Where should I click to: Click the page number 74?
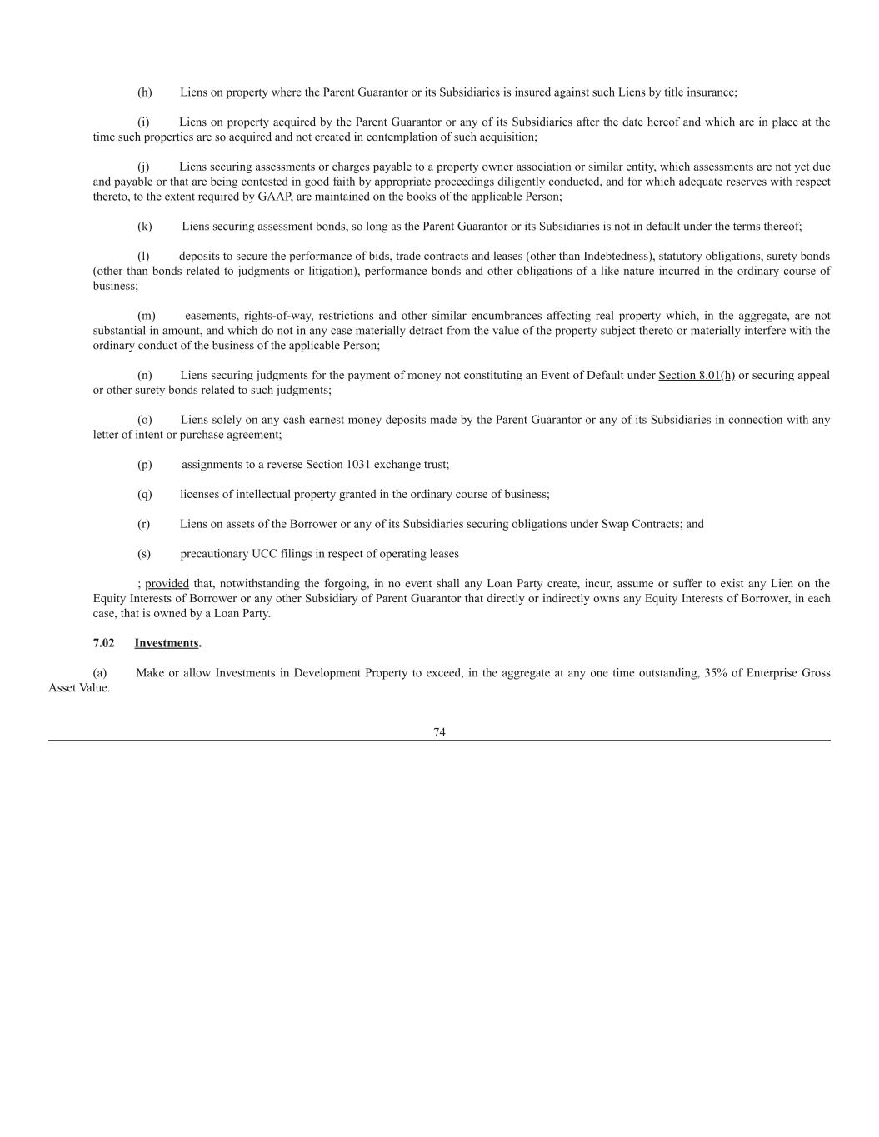tap(439, 732)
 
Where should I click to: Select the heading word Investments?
tap(167, 643)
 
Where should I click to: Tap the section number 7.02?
tap(103, 643)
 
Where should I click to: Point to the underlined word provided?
tap(167, 584)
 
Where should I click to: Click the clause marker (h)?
tap(145, 92)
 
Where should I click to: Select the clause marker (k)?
tap(145, 227)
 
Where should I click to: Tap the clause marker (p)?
tap(145, 465)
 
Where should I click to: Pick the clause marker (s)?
tap(144, 554)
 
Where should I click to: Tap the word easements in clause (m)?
tap(212, 316)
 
